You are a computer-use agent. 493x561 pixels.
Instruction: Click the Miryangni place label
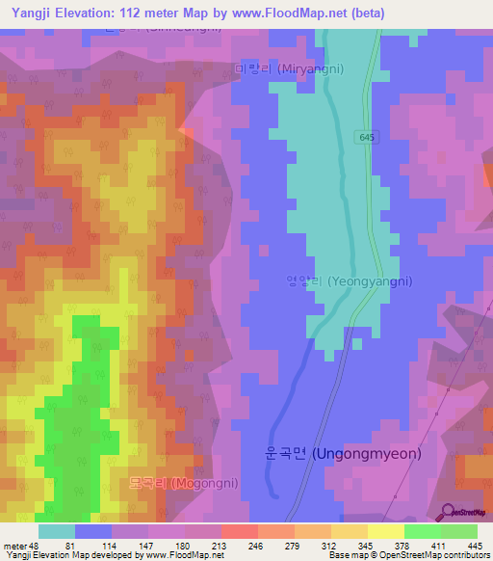(x=289, y=69)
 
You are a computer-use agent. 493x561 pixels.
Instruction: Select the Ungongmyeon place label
(x=343, y=452)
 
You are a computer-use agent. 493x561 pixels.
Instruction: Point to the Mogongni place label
(x=184, y=483)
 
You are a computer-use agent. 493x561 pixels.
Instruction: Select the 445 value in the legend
(x=474, y=545)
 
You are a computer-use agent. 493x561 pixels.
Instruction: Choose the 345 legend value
(x=364, y=545)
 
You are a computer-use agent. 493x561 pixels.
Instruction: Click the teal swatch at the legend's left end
(x=56, y=531)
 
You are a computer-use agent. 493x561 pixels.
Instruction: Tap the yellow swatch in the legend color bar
(x=385, y=531)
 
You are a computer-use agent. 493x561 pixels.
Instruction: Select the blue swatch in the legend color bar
(x=92, y=531)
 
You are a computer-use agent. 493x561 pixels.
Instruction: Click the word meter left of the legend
(x=16, y=545)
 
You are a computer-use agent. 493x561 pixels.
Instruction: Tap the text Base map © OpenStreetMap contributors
(x=407, y=555)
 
